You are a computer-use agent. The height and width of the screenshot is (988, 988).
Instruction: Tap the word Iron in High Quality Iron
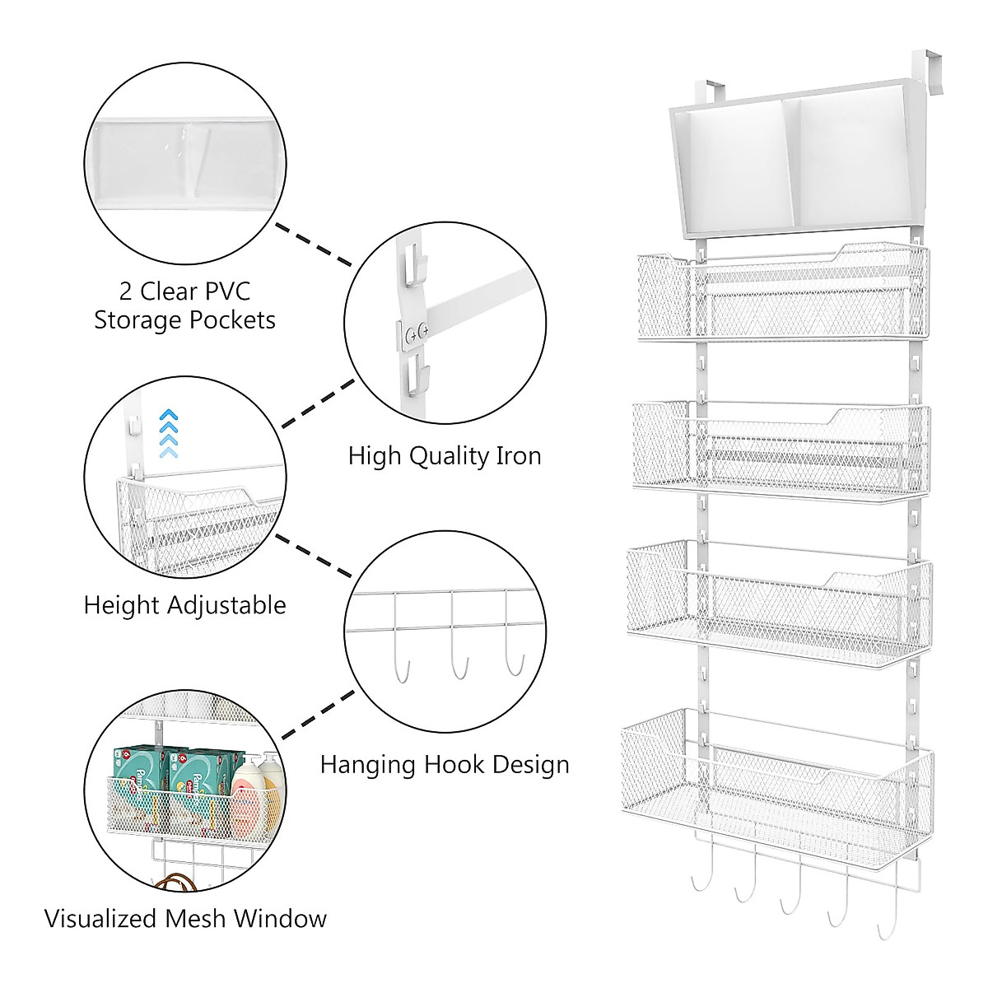pos(512,455)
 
